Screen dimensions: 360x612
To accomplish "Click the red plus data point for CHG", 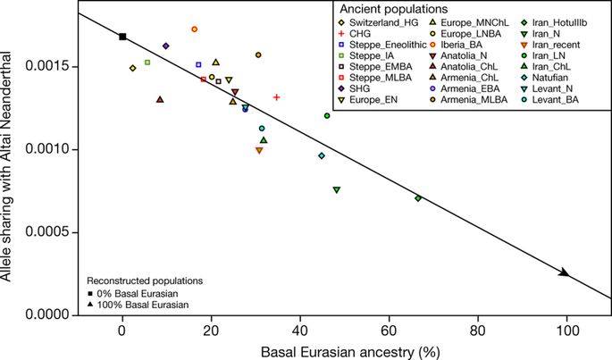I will pyautogui.click(x=277, y=97).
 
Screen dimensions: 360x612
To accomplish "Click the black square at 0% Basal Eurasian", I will pyautogui.click(x=122, y=37).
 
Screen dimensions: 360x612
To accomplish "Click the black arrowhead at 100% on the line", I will pyautogui.click(x=565, y=272).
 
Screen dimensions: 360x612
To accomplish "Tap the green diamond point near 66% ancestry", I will pyautogui.click(x=418, y=197).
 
